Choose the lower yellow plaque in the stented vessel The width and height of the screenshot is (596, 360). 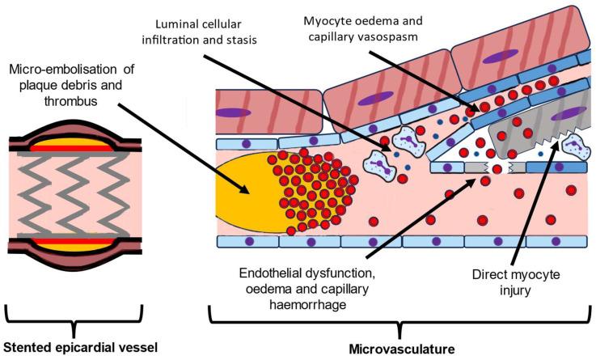(78, 245)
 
